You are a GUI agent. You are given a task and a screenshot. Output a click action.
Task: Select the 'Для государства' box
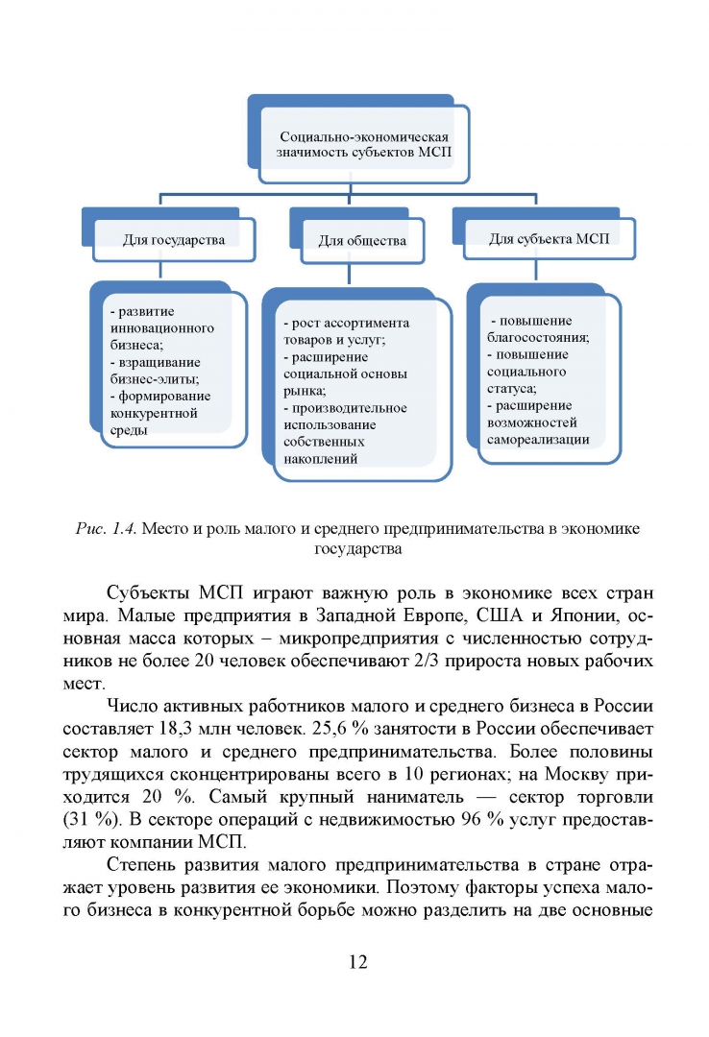coord(174,239)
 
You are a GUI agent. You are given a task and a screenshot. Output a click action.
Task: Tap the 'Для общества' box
coord(362,240)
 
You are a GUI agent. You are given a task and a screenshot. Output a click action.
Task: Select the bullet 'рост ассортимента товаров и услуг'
coord(346,331)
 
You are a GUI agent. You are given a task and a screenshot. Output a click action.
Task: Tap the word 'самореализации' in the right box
coord(538,439)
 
